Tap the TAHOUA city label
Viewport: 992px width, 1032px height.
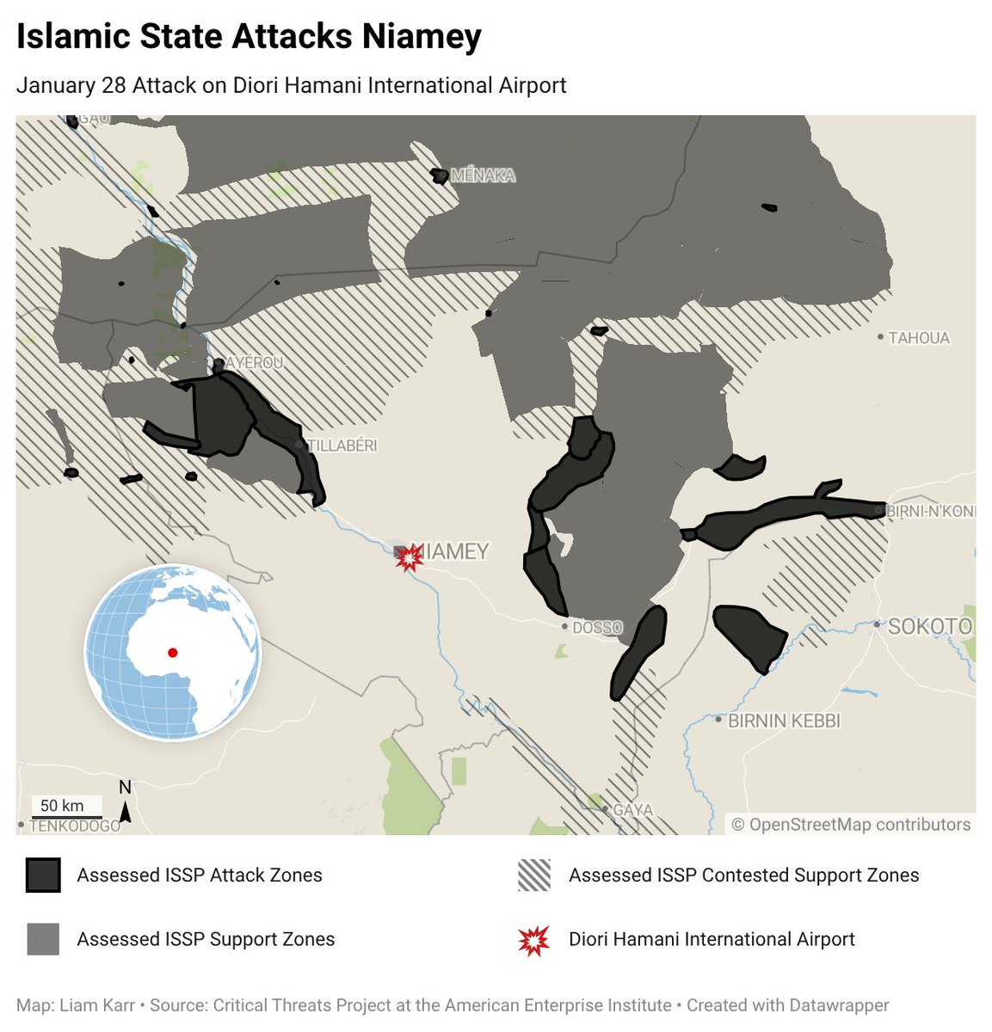[x=918, y=338]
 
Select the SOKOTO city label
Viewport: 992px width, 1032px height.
[x=929, y=626]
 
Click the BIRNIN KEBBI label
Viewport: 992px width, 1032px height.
[x=784, y=721]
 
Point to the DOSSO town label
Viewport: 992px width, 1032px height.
[x=596, y=628]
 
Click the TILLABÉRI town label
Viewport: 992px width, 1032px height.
[x=342, y=445]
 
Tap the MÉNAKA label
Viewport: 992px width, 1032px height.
[x=483, y=175]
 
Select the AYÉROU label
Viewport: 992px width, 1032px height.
[x=254, y=363]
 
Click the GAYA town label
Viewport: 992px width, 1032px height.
[x=632, y=810]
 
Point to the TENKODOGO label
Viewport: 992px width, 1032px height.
[x=75, y=826]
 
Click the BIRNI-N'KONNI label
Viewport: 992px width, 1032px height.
[x=930, y=511]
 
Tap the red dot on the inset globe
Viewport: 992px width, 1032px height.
[x=173, y=653]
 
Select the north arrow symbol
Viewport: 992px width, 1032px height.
[x=126, y=804]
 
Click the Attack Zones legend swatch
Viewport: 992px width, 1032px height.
[x=43, y=875]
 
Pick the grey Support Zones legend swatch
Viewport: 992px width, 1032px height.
[x=43, y=939]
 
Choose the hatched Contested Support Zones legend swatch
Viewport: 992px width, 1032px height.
[x=534, y=875]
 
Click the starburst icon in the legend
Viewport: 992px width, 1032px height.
[x=534, y=940]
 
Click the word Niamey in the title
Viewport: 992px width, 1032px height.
[x=421, y=37]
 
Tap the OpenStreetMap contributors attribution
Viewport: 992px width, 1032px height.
[x=851, y=825]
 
